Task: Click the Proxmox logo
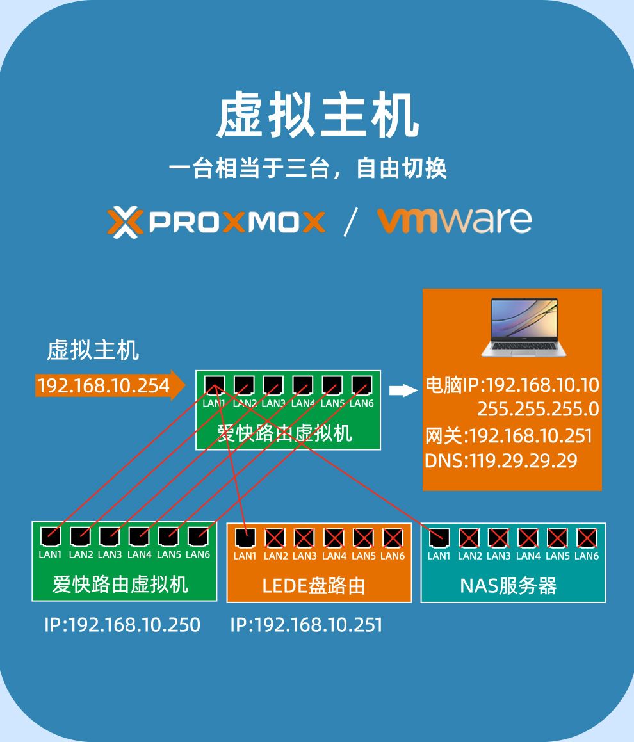pos(216,222)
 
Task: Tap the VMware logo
pos(454,220)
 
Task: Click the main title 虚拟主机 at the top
pos(318,118)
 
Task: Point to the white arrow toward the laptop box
pos(403,391)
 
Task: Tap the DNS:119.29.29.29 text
pos(501,460)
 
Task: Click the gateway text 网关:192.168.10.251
pos(508,437)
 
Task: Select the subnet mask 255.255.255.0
pos(537,408)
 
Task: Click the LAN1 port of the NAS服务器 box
pos(439,537)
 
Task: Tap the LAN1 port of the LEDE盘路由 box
pos(245,537)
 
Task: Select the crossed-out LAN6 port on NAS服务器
pos(586,537)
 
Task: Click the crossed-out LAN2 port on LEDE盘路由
pos(275,537)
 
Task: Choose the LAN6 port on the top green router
pos(361,384)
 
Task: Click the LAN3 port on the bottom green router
pos(110,536)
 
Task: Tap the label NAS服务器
pos(508,585)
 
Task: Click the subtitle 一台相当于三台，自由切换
pos(307,169)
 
